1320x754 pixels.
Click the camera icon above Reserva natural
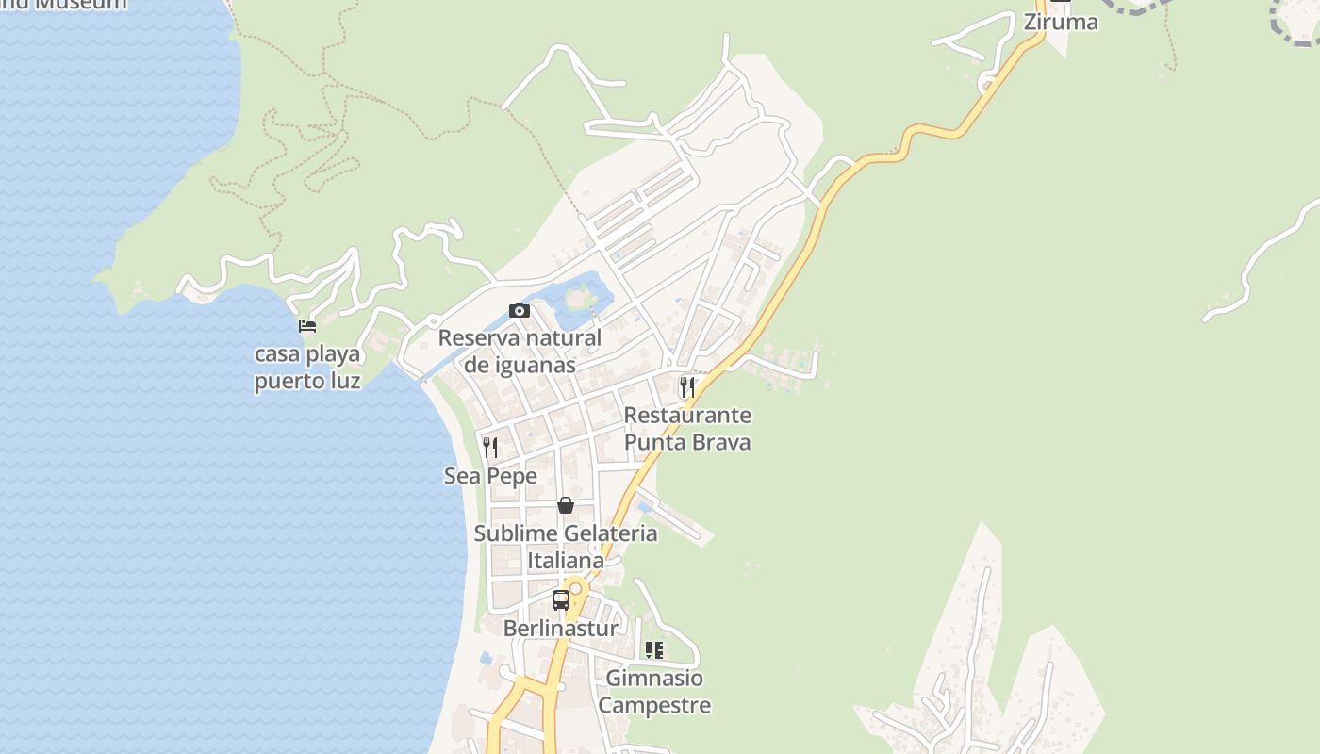(x=519, y=310)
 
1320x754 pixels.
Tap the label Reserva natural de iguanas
(x=520, y=351)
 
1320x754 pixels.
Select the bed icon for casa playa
(x=307, y=326)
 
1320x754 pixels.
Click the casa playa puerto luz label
(x=307, y=368)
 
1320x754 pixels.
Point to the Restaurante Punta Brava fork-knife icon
(x=687, y=387)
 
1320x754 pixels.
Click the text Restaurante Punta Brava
(x=687, y=428)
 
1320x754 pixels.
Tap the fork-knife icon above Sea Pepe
(x=490, y=447)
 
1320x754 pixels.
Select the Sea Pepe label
(x=490, y=476)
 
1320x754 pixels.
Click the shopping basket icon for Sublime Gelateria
(x=566, y=505)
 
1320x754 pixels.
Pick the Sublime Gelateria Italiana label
(x=566, y=547)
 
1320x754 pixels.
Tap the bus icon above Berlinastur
(x=561, y=599)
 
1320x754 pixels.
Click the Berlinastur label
(x=561, y=629)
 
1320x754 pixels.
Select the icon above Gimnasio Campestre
(x=653, y=649)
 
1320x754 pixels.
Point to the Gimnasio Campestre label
(x=654, y=691)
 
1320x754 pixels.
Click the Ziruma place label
(x=1061, y=22)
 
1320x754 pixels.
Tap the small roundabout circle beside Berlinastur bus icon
(x=575, y=589)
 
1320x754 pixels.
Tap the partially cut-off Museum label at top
(x=66, y=5)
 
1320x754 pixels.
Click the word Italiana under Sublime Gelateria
(x=566, y=561)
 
